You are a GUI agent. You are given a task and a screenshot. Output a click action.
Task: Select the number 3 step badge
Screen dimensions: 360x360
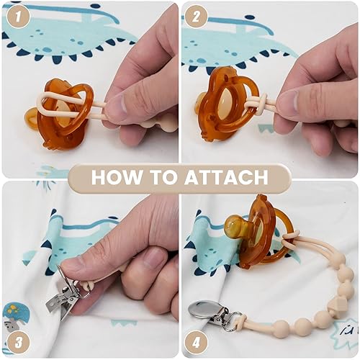click(17, 340)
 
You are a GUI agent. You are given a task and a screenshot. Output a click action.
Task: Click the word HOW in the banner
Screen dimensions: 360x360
click(117, 177)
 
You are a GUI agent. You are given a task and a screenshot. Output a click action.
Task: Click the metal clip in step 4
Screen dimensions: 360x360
click(204, 312)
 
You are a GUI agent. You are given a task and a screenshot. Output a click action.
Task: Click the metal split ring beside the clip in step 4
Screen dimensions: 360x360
click(230, 318)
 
